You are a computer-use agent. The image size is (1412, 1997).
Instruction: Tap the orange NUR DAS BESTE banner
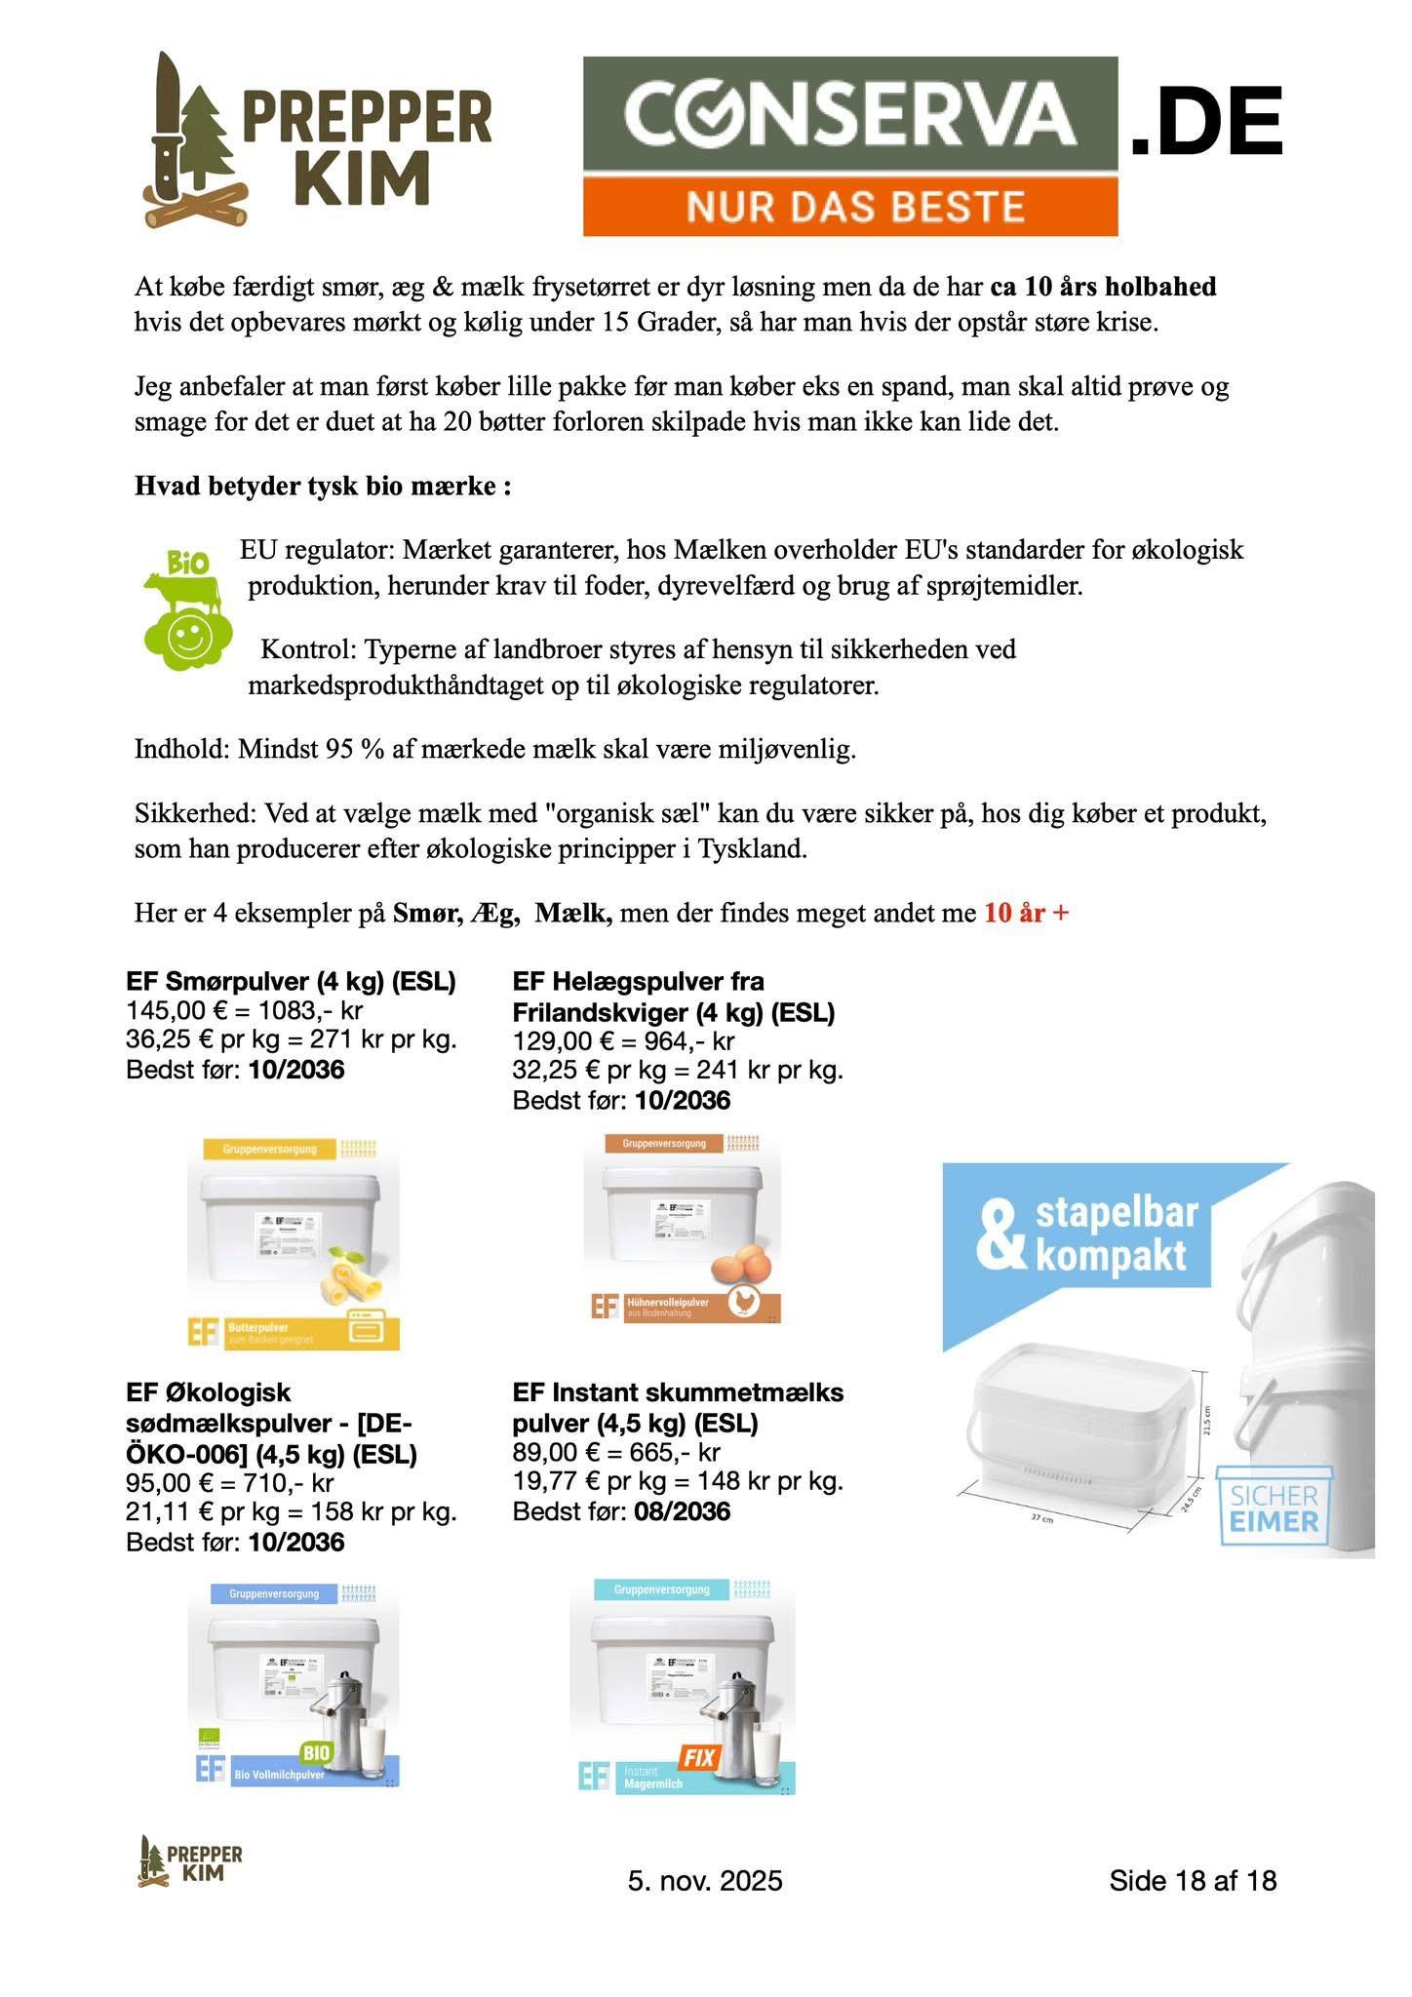click(x=849, y=206)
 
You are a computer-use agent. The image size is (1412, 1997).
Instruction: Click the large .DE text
click(x=1205, y=121)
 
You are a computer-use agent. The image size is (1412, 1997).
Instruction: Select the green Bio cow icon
click(x=187, y=609)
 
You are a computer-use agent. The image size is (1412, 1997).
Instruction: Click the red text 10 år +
click(x=1026, y=914)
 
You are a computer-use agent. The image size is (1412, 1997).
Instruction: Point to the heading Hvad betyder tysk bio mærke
click(x=323, y=486)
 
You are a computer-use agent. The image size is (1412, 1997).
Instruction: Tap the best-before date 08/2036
click(x=682, y=1511)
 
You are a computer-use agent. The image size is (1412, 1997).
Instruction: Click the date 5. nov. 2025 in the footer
click(x=705, y=1880)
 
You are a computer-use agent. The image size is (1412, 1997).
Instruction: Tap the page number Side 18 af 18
click(x=1192, y=1880)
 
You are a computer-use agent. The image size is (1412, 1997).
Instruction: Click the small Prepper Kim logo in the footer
click(x=190, y=1860)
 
